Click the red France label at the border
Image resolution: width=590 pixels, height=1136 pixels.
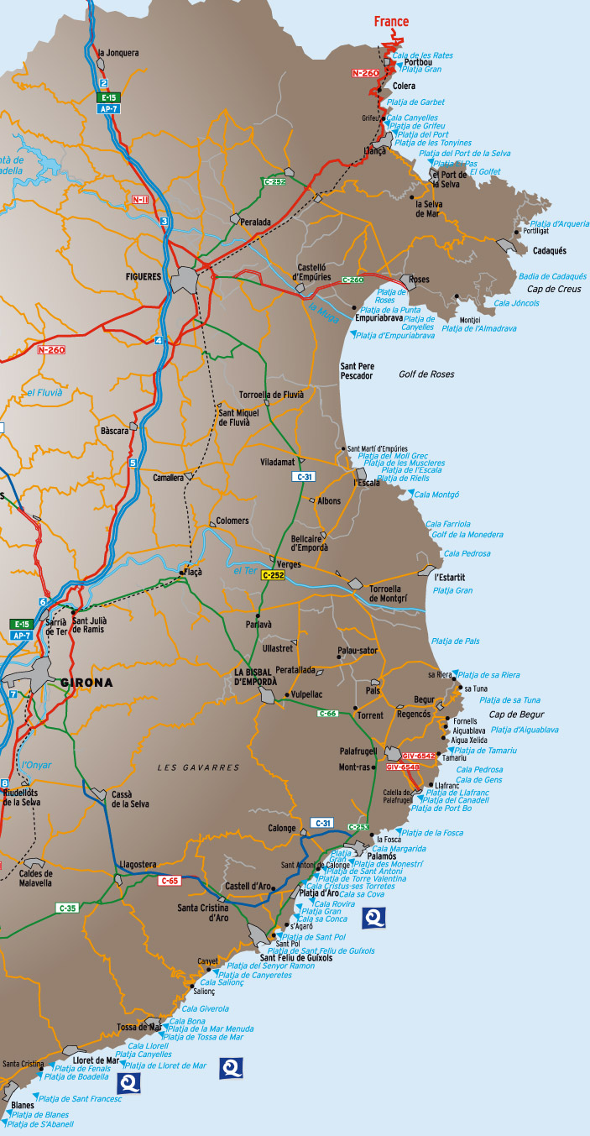391,22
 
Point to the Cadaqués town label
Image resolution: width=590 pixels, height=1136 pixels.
550,251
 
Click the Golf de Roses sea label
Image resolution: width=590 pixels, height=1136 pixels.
426,374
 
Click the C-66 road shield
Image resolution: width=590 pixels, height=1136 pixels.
327,713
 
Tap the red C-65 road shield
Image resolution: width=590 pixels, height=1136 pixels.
169,880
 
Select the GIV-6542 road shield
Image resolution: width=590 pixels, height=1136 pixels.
417,756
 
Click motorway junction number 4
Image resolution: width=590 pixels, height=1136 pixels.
159,340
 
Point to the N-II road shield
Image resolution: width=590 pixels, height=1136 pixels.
139,200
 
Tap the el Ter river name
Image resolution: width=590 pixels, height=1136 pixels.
243,571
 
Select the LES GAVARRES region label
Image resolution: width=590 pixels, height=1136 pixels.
198,767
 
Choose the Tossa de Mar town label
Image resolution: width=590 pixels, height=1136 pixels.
138,1027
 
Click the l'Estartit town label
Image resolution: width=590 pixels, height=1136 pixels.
450,578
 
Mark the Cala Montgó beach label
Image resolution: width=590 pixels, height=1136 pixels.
436,495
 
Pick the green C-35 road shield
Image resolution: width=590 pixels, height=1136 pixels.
67,908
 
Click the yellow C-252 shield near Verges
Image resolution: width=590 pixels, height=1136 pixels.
273,575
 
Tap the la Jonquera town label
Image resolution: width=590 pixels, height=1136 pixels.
118,53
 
